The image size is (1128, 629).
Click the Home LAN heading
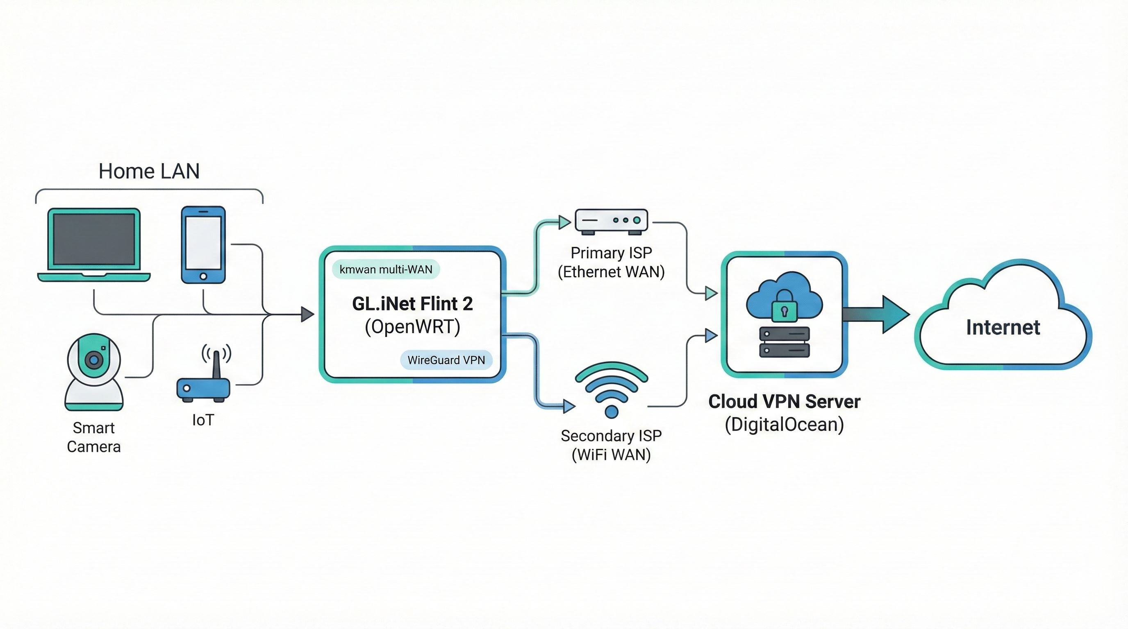(x=149, y=171)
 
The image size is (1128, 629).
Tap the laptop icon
(x=94, y=244)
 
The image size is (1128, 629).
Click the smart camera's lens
(x=93, y=360)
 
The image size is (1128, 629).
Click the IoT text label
(x=203, y=420)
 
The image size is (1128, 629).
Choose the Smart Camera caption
(x=94, y=437)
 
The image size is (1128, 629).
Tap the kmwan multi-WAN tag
(x=386, y=269)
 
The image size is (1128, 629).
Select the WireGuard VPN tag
(x=446, y=360)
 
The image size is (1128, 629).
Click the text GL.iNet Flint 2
(x=412, y=303)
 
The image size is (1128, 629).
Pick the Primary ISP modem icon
(x=611, y=221)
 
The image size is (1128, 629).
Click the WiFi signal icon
(x=611, y=387)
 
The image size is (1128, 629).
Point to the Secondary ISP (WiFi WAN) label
(x=611, y=445)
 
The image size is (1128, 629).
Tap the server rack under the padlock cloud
(x=784, y=342)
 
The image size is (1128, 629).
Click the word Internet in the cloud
(x=1003, y=327)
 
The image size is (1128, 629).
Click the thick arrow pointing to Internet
(x=876, y=314)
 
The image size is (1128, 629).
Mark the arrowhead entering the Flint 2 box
(x=308, y=314)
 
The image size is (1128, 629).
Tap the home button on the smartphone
(x=203, y=276)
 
